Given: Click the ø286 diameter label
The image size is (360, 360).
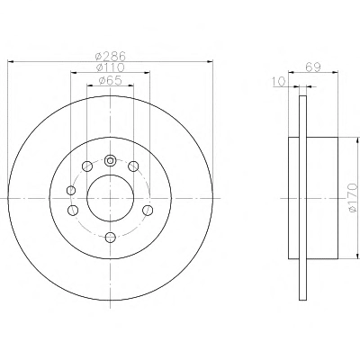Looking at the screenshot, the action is point(110,57).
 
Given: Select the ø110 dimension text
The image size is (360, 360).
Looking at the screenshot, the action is point(110,67).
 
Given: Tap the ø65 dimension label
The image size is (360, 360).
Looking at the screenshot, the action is point(110,80).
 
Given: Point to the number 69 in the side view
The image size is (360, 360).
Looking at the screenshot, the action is point(313,67).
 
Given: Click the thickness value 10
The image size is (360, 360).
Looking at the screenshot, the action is point(279,82).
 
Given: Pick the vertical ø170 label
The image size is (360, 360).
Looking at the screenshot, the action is point(353,198).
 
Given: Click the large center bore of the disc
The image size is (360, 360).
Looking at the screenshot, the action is point(110,198).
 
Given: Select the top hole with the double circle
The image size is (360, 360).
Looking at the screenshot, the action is point(111,160).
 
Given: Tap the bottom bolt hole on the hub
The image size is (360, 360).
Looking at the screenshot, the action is point(111,238).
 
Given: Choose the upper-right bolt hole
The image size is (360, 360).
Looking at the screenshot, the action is point(133,166).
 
